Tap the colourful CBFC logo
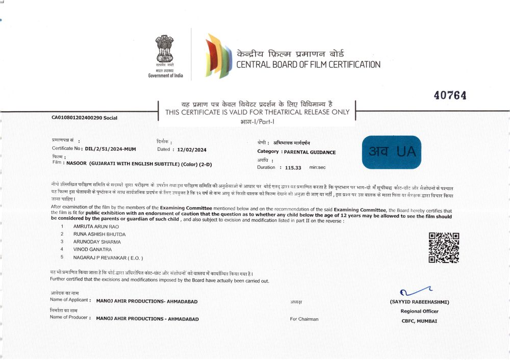tap(218, 55)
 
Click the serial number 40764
tap(450, 95)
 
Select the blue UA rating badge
tap(392, 152)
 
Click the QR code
tap(444, 247)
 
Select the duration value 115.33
tap(293, 167)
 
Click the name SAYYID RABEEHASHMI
tap(419, 302)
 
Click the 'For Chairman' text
tap(304, 319)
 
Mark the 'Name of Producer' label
tap(69, 317)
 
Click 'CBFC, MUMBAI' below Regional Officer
tap(419, 321)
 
